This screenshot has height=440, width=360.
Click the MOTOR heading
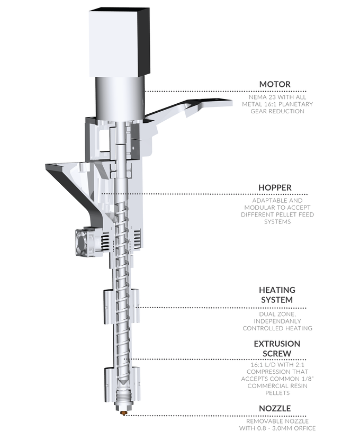(x=275, y=84)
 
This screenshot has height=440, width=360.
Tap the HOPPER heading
(x=275, y=187)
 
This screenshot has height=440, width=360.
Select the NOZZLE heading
(x=275, y=408)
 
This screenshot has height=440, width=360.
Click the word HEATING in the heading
(x=277, y=290)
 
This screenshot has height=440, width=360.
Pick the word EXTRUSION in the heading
(x=277, y=344)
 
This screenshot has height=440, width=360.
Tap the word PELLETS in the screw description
(x=277, y=393)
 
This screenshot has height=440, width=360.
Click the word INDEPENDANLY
(x=277, y=321)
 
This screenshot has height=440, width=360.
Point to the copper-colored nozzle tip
(x=123, y=413)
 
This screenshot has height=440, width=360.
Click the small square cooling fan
(x=83, y=242)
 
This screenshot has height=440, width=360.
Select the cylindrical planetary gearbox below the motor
(x=120, y=98)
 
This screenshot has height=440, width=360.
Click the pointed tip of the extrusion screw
(x=123, y=383)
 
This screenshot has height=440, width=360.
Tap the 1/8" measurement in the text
(x=308, y=379)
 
